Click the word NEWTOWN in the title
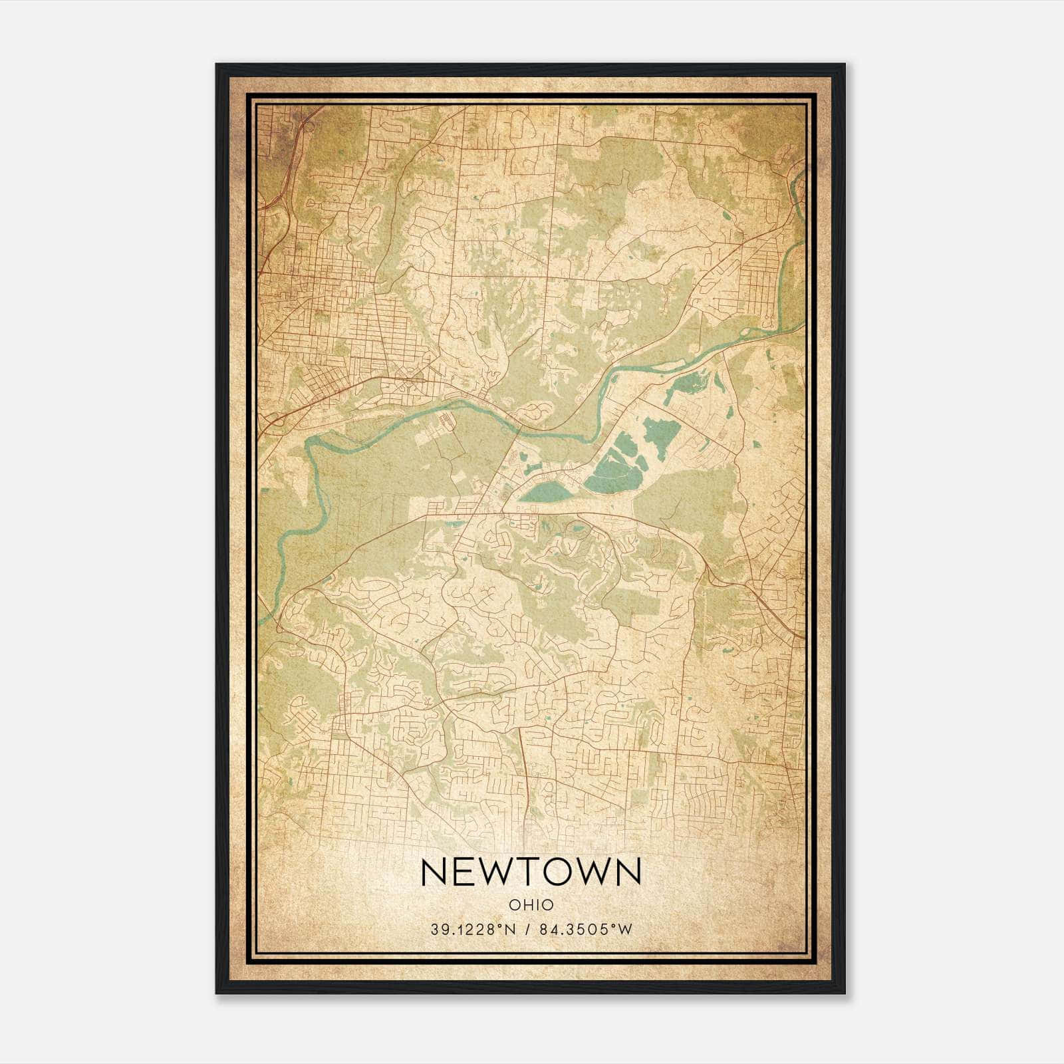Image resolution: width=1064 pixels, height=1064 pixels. click(531, 872)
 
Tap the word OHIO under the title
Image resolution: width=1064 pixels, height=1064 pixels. click(531, 905)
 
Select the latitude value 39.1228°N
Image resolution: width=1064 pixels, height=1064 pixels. click(473, 930)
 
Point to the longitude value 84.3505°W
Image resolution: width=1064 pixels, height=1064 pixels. click(584, 930)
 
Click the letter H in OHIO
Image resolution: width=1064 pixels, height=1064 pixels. click(525, 905)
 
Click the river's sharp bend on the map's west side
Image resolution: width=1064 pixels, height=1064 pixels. click(312, 452)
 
